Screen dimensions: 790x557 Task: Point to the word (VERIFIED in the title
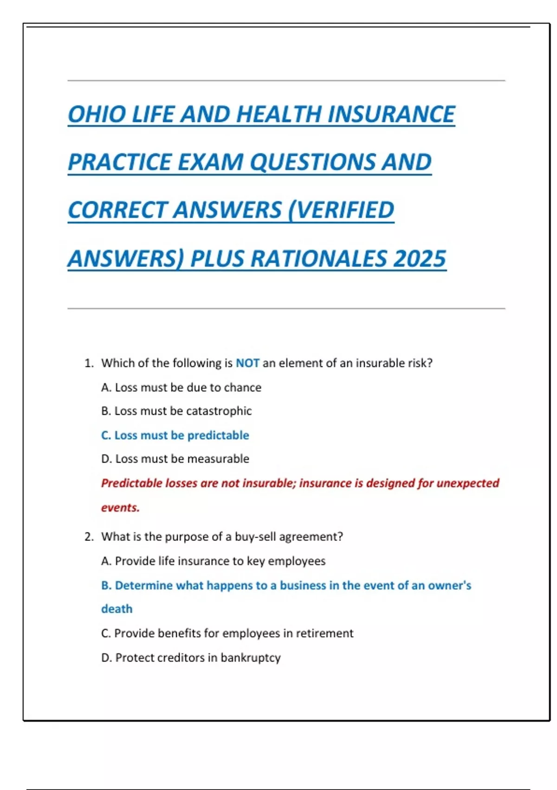[341, 210]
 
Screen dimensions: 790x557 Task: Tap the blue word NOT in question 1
[247, 363]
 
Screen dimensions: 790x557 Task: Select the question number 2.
[89, 537]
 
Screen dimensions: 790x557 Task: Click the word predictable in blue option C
[218, 435]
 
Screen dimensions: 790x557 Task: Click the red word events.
[120, 507]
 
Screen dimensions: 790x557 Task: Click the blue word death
[117, 609]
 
